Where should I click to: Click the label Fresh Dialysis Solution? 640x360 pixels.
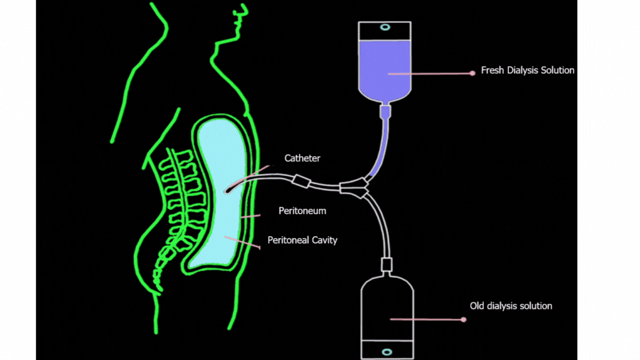pyautogui.click(x=527, y=71)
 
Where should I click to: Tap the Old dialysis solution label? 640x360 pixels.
pyautogui.click(x=511, y=306)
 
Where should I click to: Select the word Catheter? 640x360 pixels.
pyautogui.click(x=302, y=158)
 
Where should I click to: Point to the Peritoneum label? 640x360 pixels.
pyautogui.click(x=302, y=211)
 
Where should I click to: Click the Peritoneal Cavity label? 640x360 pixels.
pyautogui.click(x=302, y=241)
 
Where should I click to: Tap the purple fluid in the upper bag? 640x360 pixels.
pyautogui.click(x=384, y=69)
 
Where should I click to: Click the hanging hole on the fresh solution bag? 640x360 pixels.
pyautogui.click(x=384, y=27)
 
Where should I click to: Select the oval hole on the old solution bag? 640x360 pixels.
pyautogui.click(x=387, y=352)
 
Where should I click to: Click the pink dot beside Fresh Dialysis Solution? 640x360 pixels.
pyautogui.click(x=472, y=73)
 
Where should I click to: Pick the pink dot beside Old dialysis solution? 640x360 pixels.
pyautogui.click(x=463, y=319)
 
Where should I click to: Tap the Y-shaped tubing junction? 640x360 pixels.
pyautogui.click(x=354, y=188)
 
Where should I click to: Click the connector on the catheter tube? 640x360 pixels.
pyautogui.click(x=300, y=182)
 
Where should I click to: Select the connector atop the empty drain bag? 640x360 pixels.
pyautogui.click(x=387, y=264)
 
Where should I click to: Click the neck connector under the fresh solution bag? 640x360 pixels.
pyautogui.click(x=385, y=112)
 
